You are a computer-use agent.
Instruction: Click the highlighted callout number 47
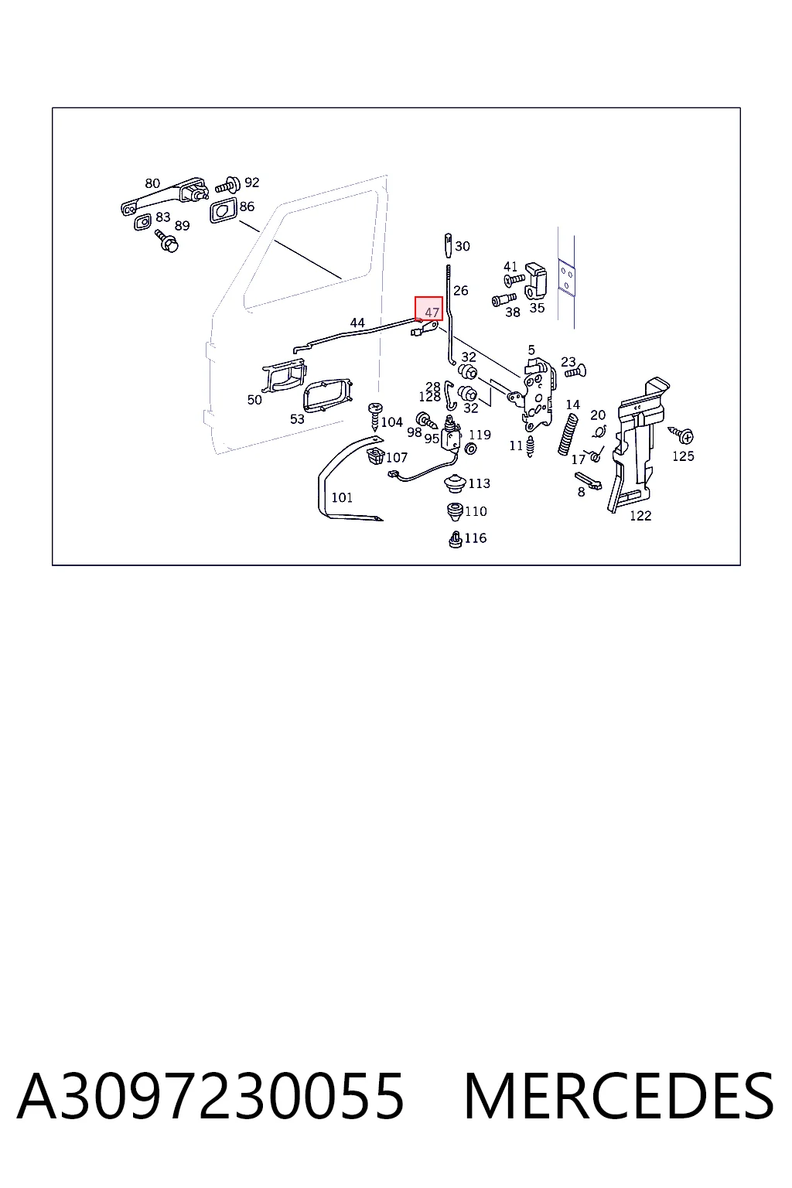tap(432, 312)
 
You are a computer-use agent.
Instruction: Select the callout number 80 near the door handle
tap(152, 183)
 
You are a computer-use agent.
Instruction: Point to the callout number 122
tap(640, 516)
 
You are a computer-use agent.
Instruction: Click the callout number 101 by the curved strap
tap(342, 497)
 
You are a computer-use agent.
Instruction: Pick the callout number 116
tap(476, 538)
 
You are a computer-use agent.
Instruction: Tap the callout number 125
tap(683, 456)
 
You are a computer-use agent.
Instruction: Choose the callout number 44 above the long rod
tap(357, 323)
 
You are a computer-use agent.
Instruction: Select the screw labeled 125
tap(681, 435)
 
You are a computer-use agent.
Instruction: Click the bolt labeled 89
tap(166, 241)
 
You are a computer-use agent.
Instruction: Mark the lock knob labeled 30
tap(449, 244)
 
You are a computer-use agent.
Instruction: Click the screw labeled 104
tap(375, 416)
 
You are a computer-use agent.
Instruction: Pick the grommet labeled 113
tap(455, 483)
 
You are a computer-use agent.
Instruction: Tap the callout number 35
tap(537, 308)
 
